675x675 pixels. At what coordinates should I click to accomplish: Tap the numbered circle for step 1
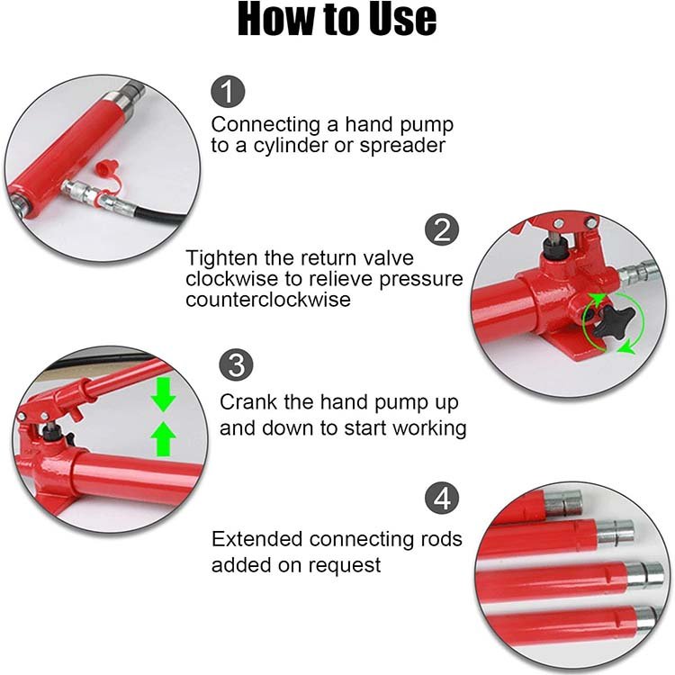[228, 91]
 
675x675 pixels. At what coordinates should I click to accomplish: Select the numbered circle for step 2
[442, 229]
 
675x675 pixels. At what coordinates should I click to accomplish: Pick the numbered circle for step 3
[236, 364]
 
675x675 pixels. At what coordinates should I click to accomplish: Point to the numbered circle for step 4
[442, 499]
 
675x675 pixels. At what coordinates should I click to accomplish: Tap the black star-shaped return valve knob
[615, 322]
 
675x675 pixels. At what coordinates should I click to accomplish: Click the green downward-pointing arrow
[164, 394]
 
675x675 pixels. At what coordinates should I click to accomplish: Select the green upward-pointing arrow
[164, 438]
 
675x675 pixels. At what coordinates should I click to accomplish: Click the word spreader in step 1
[402, 146]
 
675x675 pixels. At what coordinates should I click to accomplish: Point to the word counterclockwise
[268, 299]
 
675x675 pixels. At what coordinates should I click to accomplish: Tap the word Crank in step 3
[248, 402]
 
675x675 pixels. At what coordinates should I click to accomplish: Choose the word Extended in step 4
[257, 538]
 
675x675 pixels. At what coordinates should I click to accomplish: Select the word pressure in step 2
[420, 279]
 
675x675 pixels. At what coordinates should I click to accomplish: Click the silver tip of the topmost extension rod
[563, 504]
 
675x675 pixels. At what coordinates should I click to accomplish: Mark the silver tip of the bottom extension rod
[646, 619]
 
